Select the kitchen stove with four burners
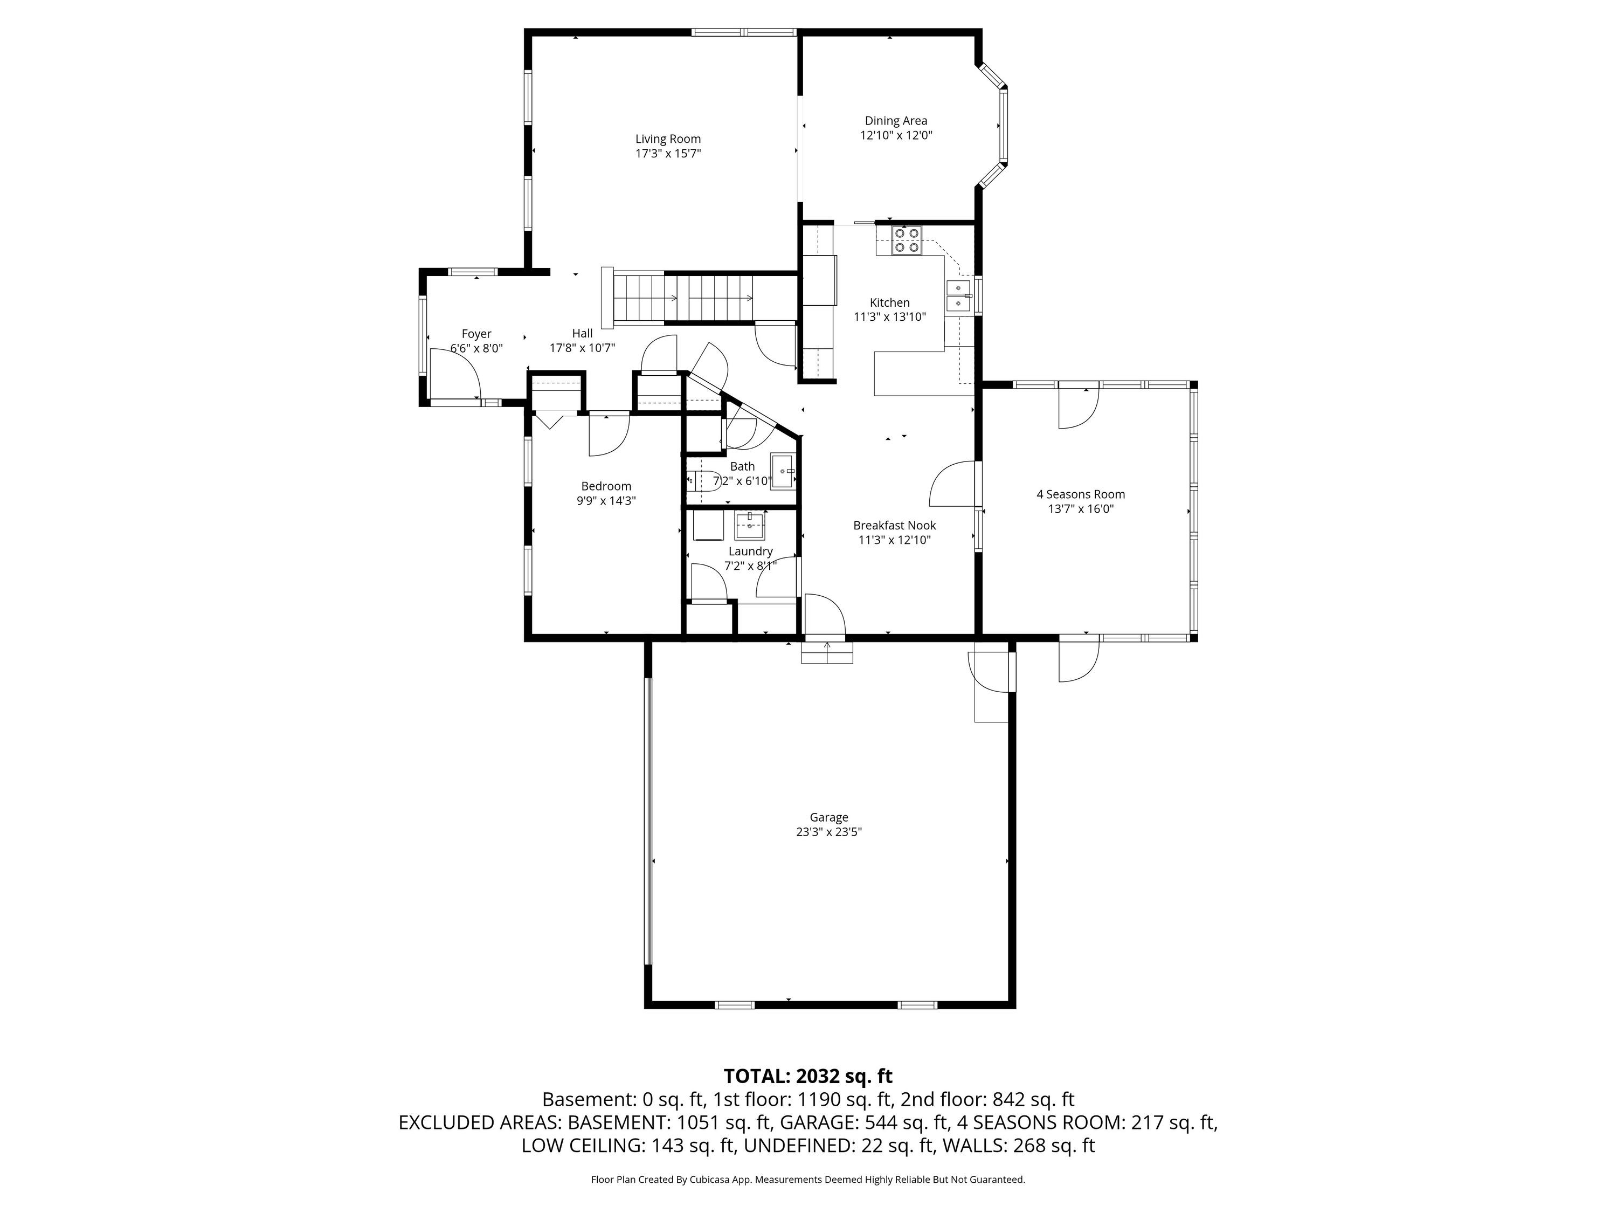pos(907,240)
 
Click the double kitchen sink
pos(958,295)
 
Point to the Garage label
pos(829,817)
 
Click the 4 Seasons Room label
pos(1081,494)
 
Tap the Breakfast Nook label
pos(894,525)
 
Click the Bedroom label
pos(606,486)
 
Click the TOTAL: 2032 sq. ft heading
pos(808,1076)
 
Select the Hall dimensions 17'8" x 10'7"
pos(582,348)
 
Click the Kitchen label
pos(890,302)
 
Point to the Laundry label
pos(750,552)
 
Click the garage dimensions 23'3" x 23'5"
pos(829,832)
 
